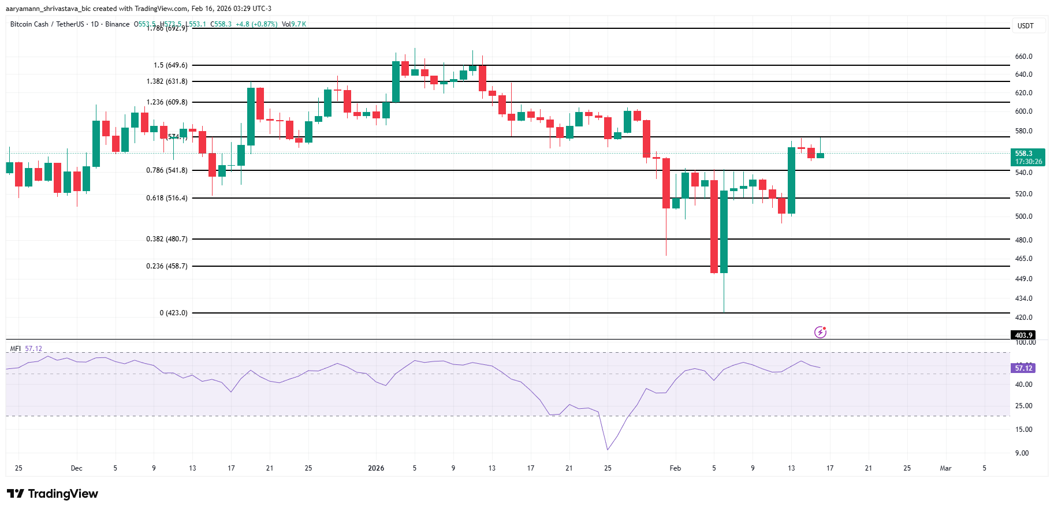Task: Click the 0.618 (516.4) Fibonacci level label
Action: coord(166,198)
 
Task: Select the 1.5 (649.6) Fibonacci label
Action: coord(170,65)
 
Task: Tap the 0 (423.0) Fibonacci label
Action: coord(173,313)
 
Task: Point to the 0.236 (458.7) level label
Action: coord(166,266)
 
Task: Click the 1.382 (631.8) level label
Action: coord(166,81)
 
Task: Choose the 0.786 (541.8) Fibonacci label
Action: coord(166,170)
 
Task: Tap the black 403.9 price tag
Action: coord(1023,335)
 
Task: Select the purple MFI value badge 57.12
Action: coord(1023,368)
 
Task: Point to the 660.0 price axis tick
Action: coord(1023,57)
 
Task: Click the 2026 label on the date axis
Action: coord(376,468)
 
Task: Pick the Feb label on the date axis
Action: coord(675,468)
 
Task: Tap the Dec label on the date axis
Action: coord(76,468)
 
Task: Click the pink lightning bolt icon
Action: coord(820,332)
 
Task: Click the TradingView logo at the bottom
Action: coord(53,494)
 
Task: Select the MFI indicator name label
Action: coord(16,349)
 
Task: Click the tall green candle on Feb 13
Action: coord(791,180)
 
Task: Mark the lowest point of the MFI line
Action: coord(608,449)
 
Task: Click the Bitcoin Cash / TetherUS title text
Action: coord(47,24)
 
